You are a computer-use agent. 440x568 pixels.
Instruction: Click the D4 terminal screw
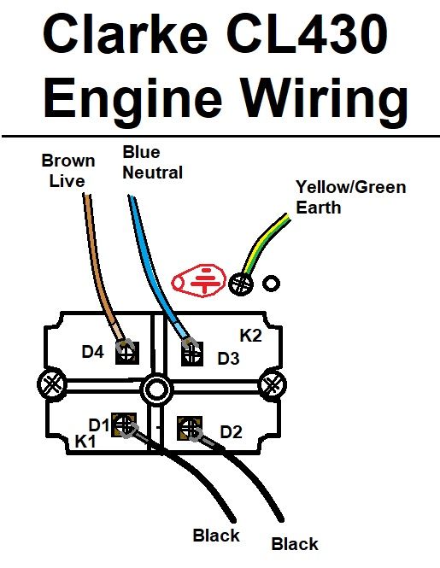pyautogui.click(x=126, y=353)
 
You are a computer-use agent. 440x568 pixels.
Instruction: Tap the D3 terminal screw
pyautogui.click(x=192, y=354)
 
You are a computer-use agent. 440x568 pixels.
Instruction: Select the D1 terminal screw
pyautogui.click(x=124, y=424)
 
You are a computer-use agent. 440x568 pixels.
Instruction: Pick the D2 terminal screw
pyautogui.click(x=189, y=428)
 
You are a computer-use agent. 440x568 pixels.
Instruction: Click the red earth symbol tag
pyautogui.click(x=198, y=278)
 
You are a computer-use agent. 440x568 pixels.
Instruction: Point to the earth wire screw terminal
pyautogui.click(x=240, y=284)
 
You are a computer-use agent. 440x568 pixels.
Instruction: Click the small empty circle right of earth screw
pyautogui.click(x=271, y=284)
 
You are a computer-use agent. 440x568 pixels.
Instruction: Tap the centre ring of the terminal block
pyautogui.click(x=156, y=389)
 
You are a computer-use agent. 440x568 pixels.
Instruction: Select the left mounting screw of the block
pyautogui.click(x=52, y=384)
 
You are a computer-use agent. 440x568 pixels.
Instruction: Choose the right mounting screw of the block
pyautogui.click(x=273, y=384)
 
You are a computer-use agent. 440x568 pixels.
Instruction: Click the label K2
pyautogui.click(x=250, y=336)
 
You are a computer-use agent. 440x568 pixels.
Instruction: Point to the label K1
pyautogui.click(x=85, y=442)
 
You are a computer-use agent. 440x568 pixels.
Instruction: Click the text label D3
pyautogui.click(x=228, y=358)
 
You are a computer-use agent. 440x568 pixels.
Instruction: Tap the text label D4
pyautogui.click(x=93, y=352)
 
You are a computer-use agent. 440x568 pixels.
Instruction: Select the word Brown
pyautogui.click(x=68, y=161)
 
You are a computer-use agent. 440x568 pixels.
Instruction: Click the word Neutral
pyautogui.click(x=153, y=173)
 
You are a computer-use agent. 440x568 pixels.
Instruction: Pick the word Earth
pyautogui.click(x=318, y=208)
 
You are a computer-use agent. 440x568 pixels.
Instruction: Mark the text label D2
pyautogui.click(x=231, y=432)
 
